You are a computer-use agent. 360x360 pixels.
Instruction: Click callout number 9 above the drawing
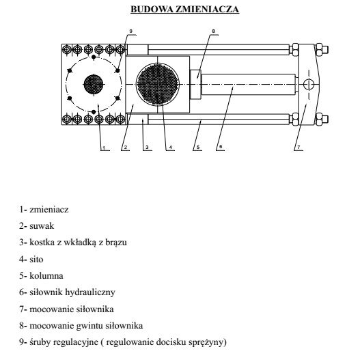point(131,31)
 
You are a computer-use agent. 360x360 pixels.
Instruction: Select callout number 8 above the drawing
point(213,31)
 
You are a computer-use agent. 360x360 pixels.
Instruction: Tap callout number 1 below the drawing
point(104,148)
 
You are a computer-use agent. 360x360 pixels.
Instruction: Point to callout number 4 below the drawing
point(171,147)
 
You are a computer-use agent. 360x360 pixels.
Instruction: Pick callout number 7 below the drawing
point(299,147)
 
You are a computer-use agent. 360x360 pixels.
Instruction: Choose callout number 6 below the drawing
point(221,147)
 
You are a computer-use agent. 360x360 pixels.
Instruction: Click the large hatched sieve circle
point(158,85)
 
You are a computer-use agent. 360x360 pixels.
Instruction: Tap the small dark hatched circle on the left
point(94,85)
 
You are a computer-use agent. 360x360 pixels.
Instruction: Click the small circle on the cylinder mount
point(309,85)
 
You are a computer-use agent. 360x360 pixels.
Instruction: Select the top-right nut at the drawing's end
point(322,50)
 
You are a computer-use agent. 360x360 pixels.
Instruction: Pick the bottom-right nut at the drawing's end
point(322,120)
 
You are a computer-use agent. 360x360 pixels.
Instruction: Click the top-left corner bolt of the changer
point(67,49)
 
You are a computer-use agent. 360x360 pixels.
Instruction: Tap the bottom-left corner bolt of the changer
point(67,119)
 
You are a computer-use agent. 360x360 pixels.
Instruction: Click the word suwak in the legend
point(42,226)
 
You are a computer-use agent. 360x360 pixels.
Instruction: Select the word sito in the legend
point(36,259)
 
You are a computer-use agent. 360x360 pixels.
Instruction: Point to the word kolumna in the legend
point(46,275)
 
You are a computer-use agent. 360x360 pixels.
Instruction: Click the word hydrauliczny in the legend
point(90,292)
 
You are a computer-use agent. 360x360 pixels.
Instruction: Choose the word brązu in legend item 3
point(116,243)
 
